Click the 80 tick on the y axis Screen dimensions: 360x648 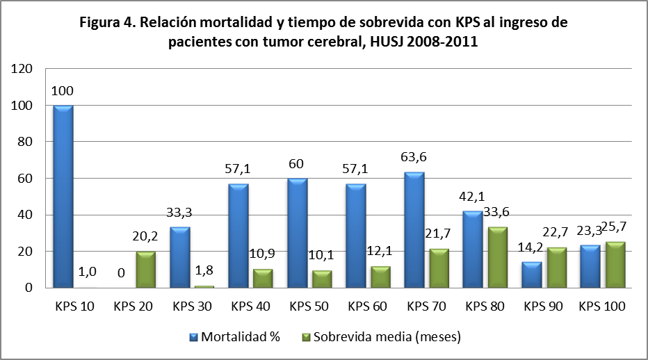tap(26, 142)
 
